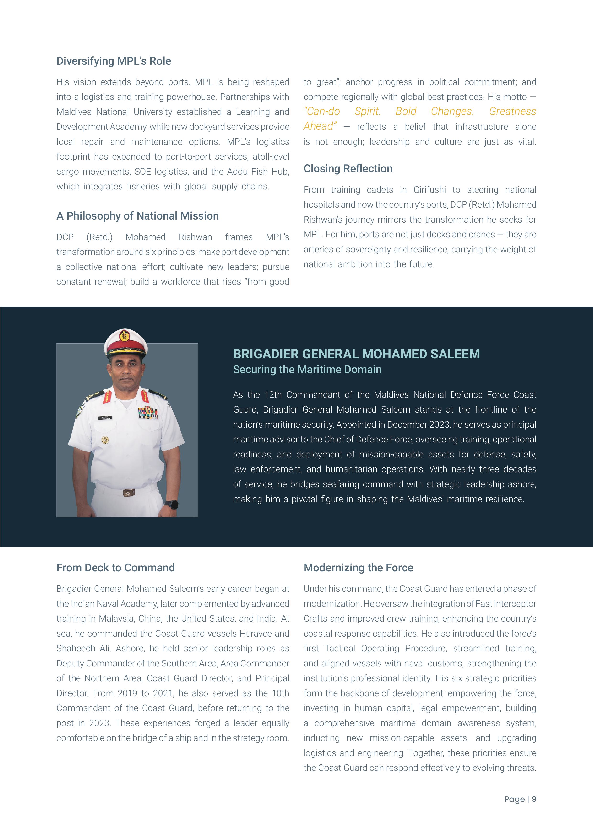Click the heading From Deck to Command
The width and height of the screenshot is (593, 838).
tap(115, 568)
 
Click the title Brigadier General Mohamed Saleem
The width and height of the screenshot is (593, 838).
tap(356, 354)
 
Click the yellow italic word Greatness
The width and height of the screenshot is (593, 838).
tap(512, 111)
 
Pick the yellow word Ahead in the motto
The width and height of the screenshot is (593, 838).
tap(319, 126)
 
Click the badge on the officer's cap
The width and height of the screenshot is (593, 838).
tap(125, 335)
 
